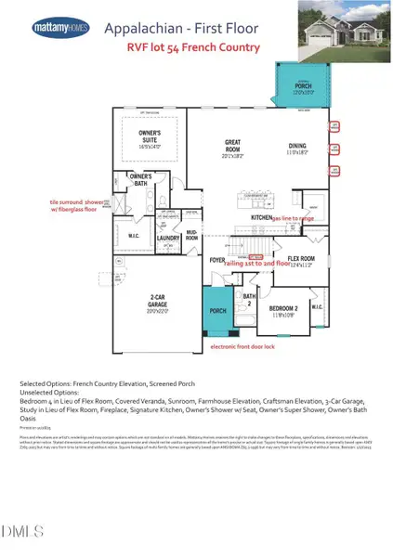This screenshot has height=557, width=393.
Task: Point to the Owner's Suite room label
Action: point(144,143)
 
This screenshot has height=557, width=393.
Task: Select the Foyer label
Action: point(218,260)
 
